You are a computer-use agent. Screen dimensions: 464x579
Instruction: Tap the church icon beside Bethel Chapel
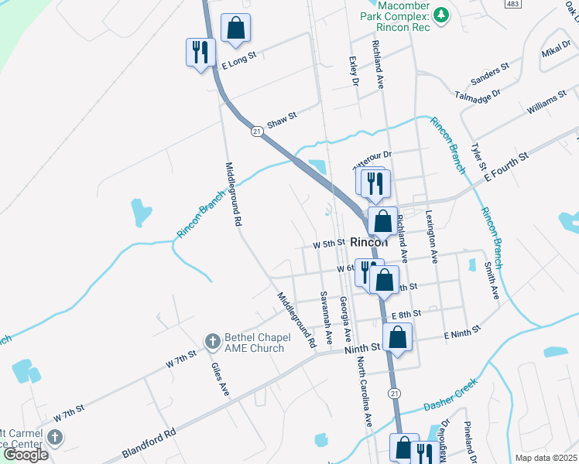(212, 341)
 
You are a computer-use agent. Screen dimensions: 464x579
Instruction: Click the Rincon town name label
(368, 241)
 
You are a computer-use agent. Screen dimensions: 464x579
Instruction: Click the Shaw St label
(282, 121)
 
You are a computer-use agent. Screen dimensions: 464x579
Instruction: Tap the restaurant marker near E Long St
(200, 52)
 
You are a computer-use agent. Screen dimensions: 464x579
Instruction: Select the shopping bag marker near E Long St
(236, 28)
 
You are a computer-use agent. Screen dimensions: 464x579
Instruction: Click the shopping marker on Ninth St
(398, 337)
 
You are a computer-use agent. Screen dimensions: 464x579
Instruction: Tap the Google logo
(25, 455)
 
